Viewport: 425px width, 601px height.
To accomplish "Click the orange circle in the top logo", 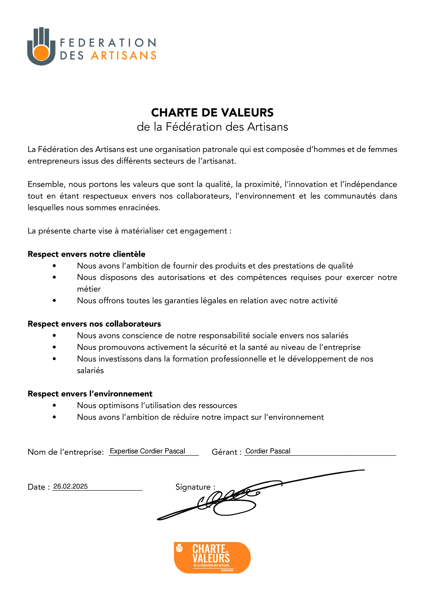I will coord(41,53).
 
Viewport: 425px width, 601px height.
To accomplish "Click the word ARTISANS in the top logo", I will coord(124,56).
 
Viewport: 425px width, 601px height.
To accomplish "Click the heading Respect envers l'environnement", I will coord(90,394).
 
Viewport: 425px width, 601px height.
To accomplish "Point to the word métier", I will coord(89,289).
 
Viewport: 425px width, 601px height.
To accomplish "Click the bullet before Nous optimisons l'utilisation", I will coord(54,406).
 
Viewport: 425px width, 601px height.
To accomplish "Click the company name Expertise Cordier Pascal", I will coord(147,451).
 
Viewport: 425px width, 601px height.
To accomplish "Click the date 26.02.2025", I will coord(70,486).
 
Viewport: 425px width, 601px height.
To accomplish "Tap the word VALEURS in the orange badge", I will coord(211,558).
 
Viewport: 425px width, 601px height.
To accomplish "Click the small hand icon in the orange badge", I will coord(179,548).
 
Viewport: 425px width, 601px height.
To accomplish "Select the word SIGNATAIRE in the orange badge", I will coord(227,570).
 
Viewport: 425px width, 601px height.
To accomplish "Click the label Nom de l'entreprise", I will coord(66,452).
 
